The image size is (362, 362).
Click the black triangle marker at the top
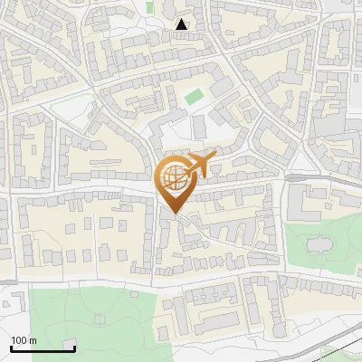[182, 24]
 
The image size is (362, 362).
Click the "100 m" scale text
[24, 340]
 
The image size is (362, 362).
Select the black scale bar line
[43, 348]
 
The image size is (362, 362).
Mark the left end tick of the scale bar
[12, 347]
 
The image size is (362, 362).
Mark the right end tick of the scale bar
[74, 347]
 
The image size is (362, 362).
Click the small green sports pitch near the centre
[194, 95]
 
